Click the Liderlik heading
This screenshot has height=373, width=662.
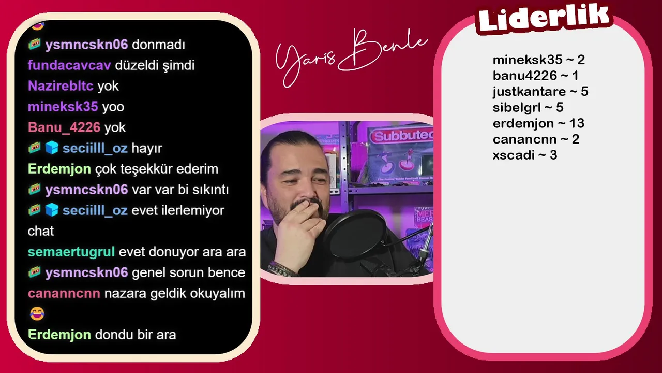pyautogui.click(x=544, y=17)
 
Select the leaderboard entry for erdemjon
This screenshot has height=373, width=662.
pyautogui.click(x=538, y=123)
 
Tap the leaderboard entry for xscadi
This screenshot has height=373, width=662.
pyautogui.click(x=525, y=155)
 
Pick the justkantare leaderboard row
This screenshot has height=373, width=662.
pyautogui.click(x=540, y=92)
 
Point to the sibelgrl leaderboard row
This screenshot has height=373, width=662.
pyautogui.click(x=528, y=107)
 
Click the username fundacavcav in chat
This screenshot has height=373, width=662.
pyautogui.click(x=69, y=65)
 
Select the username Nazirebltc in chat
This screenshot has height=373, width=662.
pyautogui.click(x=61, y=86)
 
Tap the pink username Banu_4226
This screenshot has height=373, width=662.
pyautogui.click(x=64, y=127)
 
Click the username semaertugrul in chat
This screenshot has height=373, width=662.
pyautogui.click(x=71, y=252)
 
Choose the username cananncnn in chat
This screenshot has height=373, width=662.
pyautogui.click(x=64, y=293)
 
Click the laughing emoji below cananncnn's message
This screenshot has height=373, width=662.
pyautogui.click(x=37, y=313)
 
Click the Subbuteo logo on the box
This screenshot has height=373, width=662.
pyautogui.click(x=402, y=136)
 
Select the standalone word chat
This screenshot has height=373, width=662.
pyautogui.click(x=41, y=231)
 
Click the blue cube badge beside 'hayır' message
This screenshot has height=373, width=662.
pyautogui.click(x=52, y=148)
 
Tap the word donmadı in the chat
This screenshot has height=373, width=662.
pyautogui.click(x=158, y=45)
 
